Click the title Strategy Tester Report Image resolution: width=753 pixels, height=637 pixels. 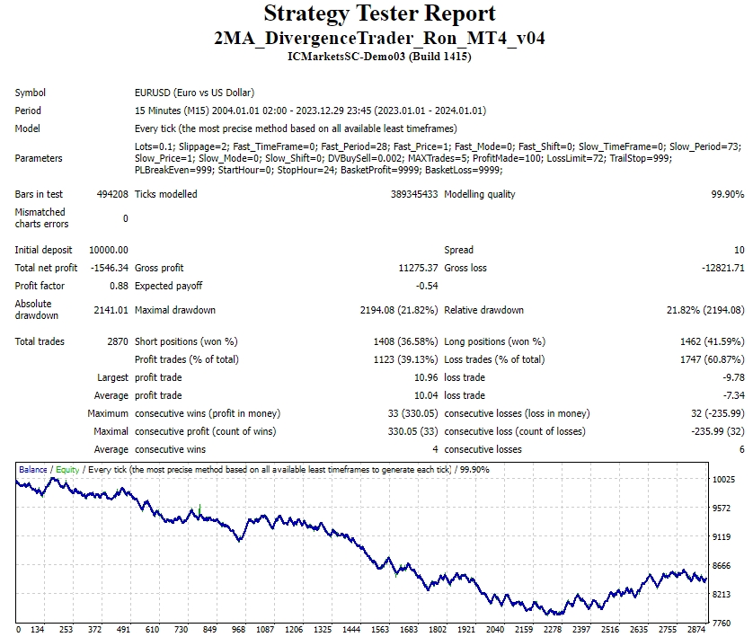(x=379, y=14)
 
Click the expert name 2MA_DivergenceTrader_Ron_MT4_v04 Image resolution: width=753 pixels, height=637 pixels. (x=379, y=38)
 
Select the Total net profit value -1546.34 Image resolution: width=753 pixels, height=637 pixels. (x=109, y=268)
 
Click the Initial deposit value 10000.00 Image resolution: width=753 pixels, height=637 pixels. (x=109, y=250)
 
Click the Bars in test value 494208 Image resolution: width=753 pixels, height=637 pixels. (x=111, y=194)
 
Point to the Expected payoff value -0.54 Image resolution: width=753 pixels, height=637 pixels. (x=426, y=286)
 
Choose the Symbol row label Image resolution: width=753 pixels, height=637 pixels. (x=31, y=93)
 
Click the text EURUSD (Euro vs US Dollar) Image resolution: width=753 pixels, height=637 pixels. (x=194, y=93)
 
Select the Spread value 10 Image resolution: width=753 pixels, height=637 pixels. (x=738, y=250)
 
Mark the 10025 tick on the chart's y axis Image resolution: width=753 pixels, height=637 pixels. (x=724, y=480)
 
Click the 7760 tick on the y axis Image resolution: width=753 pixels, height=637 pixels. (x=723, y=623)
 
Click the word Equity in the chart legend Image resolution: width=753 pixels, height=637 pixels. (x=67, y=469)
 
